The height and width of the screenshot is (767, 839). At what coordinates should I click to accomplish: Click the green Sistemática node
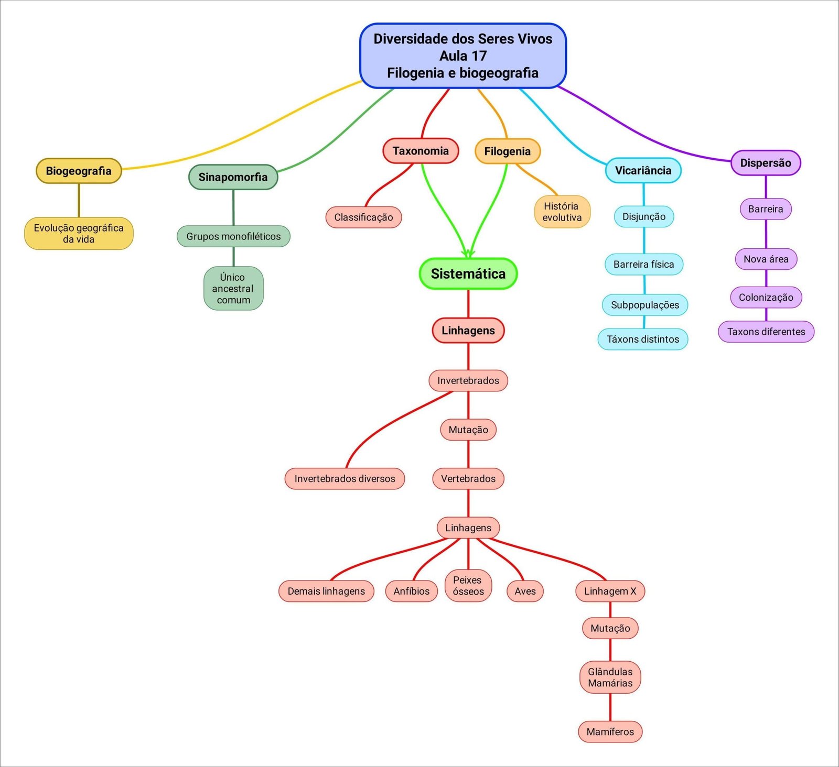(468, 273)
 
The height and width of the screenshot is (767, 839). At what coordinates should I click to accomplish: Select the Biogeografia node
(79, 171)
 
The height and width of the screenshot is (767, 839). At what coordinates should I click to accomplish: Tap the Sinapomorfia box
(233, 177)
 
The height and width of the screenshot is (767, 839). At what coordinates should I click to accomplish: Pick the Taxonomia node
(421, 151)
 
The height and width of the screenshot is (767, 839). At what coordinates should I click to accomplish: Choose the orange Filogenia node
(507, 151)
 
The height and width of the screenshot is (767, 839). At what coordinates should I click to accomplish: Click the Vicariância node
(643, 170)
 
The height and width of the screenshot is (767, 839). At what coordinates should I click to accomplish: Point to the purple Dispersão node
(766, 163)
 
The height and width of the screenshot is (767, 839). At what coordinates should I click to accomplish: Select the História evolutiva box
(562, 212)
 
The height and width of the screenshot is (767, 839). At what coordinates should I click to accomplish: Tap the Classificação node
(363, 217)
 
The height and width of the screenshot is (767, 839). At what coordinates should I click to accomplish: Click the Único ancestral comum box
(233, 289)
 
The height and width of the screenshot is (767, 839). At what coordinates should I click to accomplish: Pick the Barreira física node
(644, 265)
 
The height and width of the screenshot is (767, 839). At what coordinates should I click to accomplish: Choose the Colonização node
(766, 298)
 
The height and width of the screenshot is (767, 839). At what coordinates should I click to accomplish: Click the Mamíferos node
(610, 732)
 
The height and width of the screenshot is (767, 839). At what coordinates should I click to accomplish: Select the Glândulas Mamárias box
(610, 677)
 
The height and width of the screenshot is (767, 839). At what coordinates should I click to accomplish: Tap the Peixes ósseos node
(468, 586)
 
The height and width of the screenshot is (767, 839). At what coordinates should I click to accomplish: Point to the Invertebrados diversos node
(345, 479)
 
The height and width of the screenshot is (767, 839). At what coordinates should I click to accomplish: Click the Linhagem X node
(610, 591)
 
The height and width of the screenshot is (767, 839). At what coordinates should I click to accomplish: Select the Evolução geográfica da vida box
(79, 234)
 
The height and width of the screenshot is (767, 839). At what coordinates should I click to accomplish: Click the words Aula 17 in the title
(463, 56)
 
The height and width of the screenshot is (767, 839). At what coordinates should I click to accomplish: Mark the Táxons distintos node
(643, 339)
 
